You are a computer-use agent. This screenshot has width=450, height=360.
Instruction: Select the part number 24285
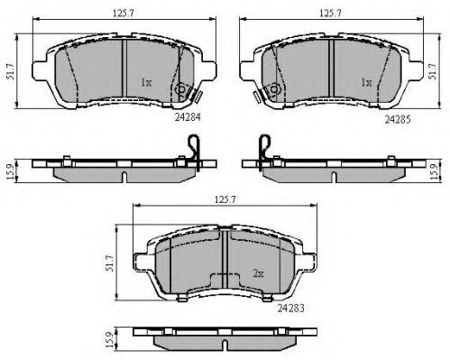(x=396, y=116)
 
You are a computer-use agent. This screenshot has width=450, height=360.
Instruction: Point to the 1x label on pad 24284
(x=146, y=82)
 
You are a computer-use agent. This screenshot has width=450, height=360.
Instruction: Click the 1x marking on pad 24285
(x=366, y=82)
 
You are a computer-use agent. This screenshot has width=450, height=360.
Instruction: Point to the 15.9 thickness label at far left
(x=10, y=170)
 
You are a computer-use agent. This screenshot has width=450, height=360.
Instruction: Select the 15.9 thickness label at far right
(x=440, y=170)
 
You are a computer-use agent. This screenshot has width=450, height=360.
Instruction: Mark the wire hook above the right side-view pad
(x=262, y=144)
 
